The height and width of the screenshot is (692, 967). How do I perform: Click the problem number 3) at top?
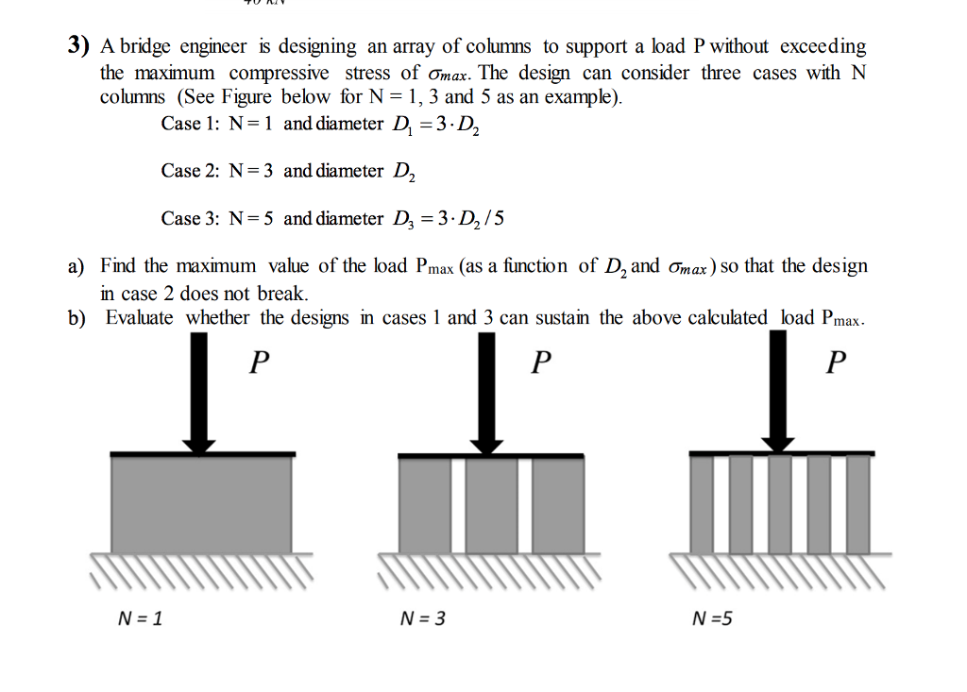[78, 45]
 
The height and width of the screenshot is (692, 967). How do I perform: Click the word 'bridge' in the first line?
[144, 47]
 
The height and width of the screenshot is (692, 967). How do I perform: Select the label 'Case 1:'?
[190, 124]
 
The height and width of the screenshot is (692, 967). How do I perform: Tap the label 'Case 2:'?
[190, 170]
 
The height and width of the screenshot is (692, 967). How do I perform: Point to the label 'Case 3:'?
[190, 218]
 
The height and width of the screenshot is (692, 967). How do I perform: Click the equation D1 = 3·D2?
[436, 126]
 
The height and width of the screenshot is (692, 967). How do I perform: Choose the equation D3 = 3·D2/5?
[449, 220]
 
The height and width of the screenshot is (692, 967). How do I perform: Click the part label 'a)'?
[76, 266]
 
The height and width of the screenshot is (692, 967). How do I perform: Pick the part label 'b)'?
[76, 318]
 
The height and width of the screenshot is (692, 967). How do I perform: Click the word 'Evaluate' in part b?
[140, 317]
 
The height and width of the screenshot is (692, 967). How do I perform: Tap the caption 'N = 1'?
[140, 618]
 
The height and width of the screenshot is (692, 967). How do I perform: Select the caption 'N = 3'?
[422, 618]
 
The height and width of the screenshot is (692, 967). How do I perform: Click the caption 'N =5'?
[712, 618]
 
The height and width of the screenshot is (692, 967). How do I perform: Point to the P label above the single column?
[259, 362]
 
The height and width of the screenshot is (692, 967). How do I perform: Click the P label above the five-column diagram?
[837, 362]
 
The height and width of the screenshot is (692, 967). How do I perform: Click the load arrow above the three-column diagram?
[486, 393]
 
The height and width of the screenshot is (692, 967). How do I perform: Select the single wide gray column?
[202, 504]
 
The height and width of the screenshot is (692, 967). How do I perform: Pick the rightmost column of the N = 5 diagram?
[857, 504]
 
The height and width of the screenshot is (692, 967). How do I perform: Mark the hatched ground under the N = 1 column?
[202, 568]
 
